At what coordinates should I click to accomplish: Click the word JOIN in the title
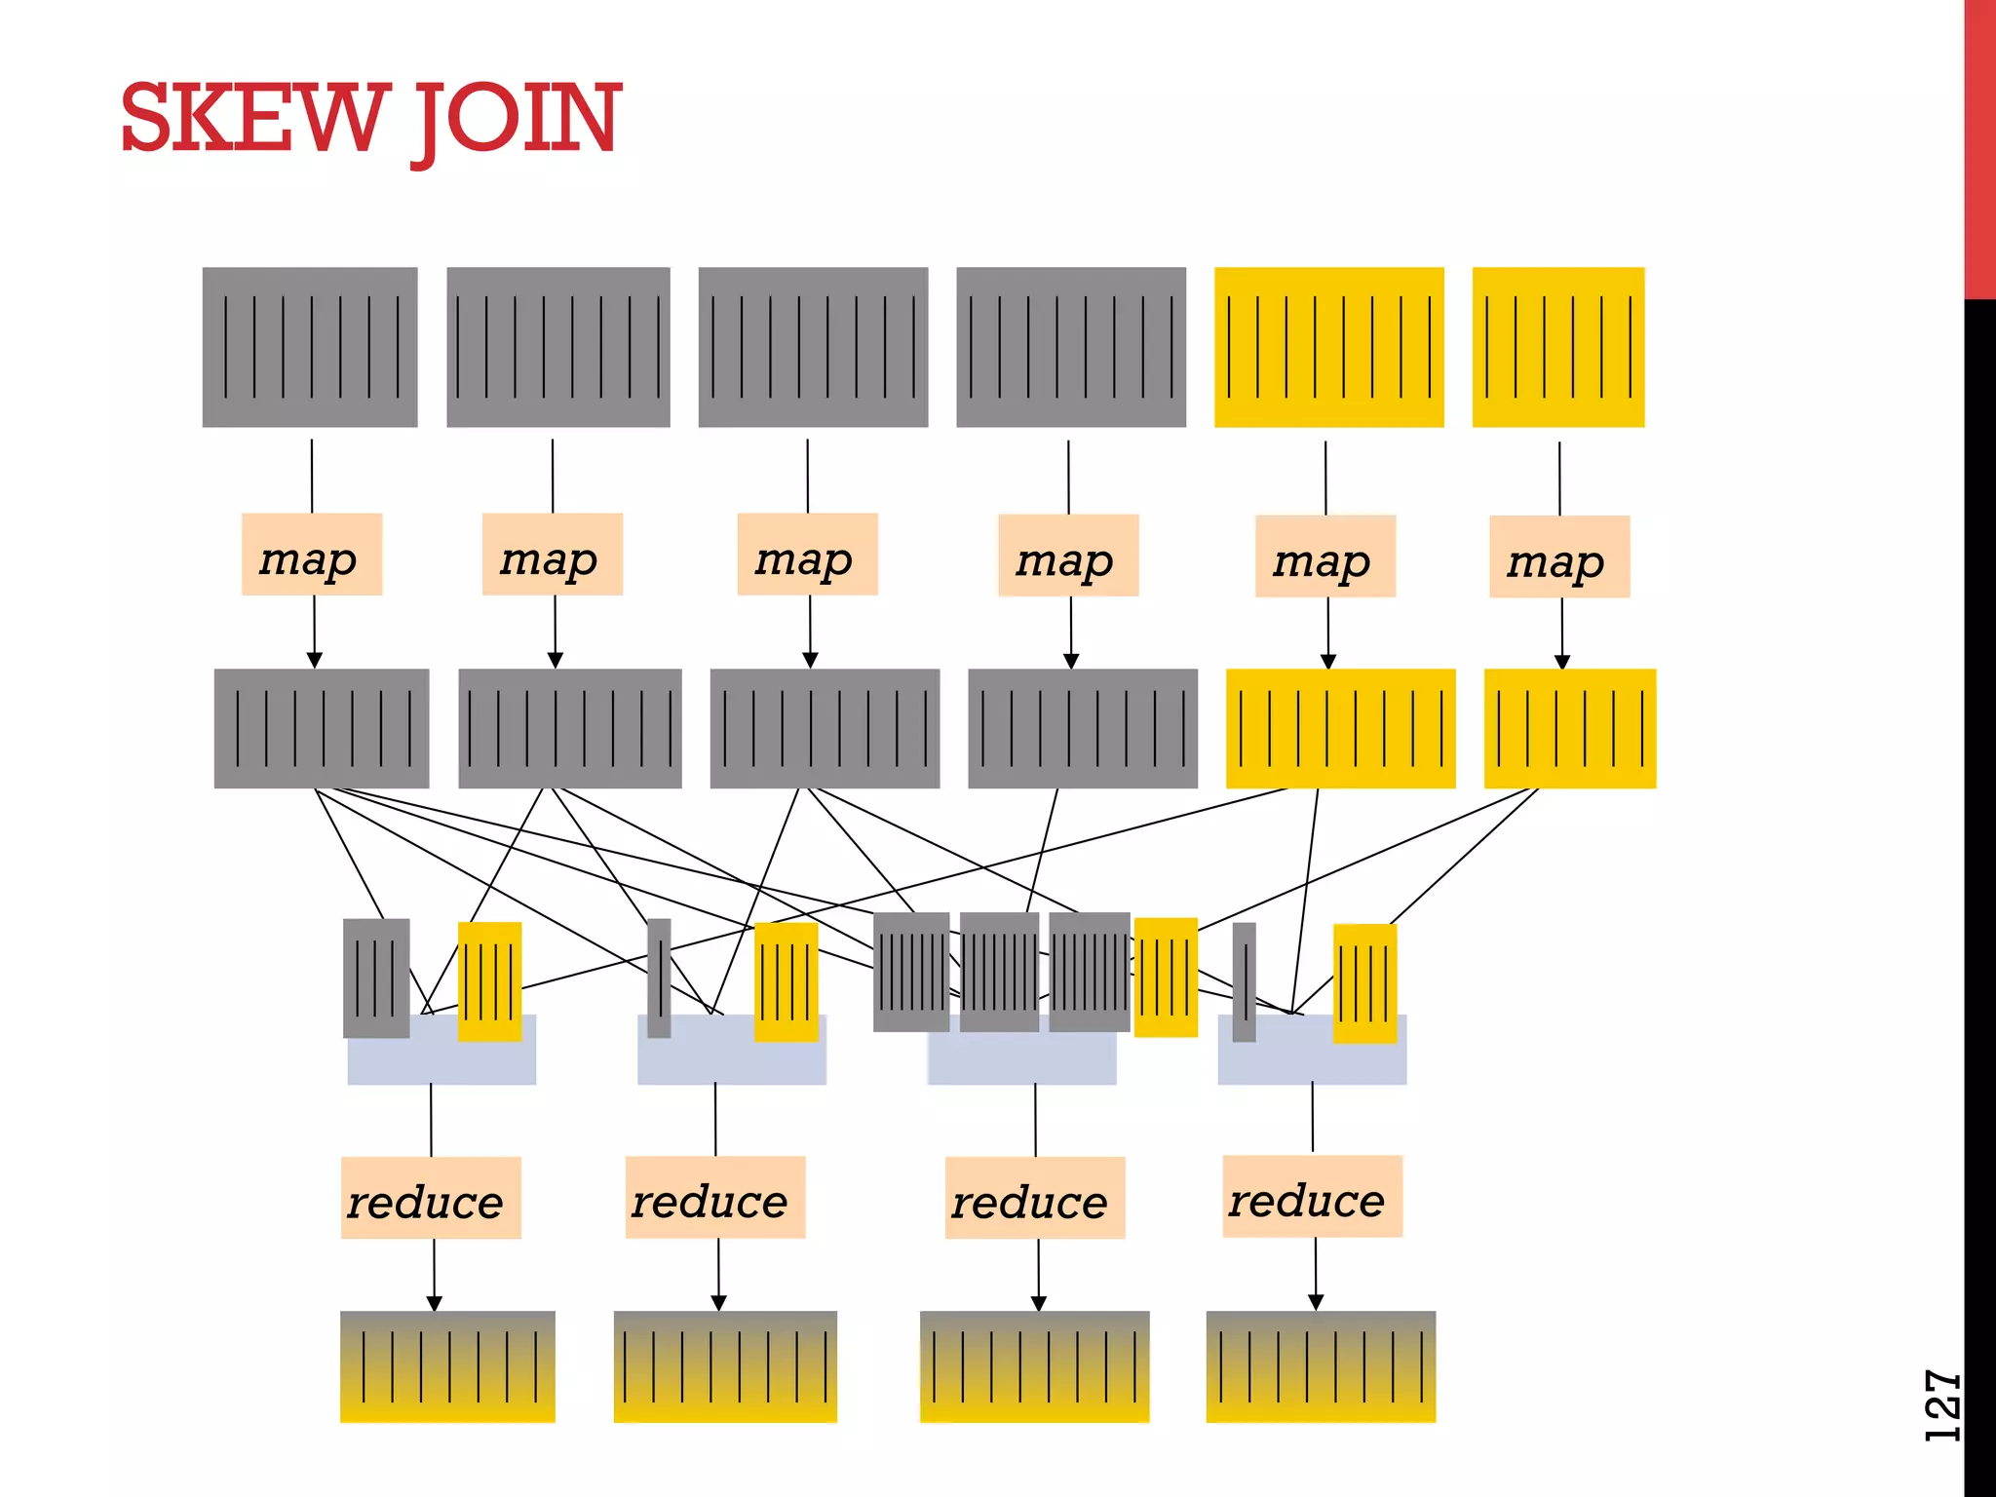click(x=517, y=120)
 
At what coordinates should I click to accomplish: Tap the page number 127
click(x=1941, y=1404)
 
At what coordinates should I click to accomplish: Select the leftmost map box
click(x=311, y=555)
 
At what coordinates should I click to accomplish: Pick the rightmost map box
click(x=1558, y=557)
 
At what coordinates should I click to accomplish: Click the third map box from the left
click(x=807, y=555)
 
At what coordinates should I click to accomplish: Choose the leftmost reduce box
click(x=431, y=1198)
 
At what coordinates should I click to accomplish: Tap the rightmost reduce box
click(x=1312, y=1196)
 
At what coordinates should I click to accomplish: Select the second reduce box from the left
click(x=714, y=1197)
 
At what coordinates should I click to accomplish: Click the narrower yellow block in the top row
click(x=1557, y=347)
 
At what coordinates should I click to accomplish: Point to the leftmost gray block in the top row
click(x=310, y=347)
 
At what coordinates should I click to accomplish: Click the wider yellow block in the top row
click(x=1328, y=347)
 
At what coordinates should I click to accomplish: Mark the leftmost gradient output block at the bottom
click(x=447, y=1366)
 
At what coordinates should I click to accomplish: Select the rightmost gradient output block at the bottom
click(x=1321, y=1366)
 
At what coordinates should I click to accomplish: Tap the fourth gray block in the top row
click(x=1070, y=347)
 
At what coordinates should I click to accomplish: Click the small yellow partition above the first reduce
click(x=489, y=980)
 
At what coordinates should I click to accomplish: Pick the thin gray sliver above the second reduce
click(x=660, y=978)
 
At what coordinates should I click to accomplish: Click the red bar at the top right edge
click(x=1978, y=146)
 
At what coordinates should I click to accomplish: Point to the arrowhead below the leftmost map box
click(x=314, y=661)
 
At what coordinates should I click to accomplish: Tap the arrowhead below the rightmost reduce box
click(x=1316, y=1302)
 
